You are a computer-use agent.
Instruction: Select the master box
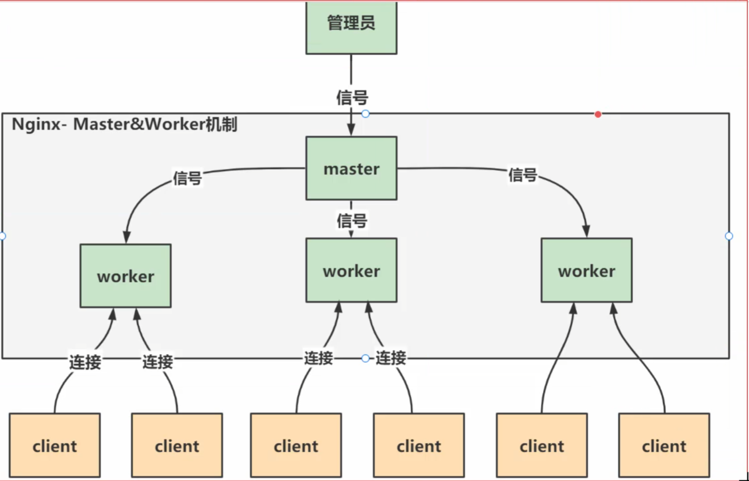[351, 168]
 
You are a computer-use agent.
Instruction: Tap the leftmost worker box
[125, 276]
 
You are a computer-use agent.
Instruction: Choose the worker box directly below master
[351, 270]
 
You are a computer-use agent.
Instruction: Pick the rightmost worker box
[586, 270]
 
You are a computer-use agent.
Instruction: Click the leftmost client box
[55, 445]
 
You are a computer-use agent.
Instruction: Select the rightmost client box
[664, 445]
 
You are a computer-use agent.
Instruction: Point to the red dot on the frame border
[598, 114]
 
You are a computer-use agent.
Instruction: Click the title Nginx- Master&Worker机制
[124, 124]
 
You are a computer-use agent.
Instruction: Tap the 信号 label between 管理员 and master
[352, 97]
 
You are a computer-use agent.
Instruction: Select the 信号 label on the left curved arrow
[187, 178]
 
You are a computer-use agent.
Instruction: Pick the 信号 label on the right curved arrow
[523, 175]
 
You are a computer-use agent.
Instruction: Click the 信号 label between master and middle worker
[352, 220]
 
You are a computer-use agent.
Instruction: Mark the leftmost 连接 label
[85, 362]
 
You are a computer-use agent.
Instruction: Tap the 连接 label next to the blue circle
[391, 358]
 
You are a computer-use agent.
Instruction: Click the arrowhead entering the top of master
[351, 129]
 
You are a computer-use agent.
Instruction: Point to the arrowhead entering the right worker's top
[586, 231]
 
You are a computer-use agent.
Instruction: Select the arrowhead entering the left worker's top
[127, 236]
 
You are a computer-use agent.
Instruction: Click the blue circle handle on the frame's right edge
[729, 236]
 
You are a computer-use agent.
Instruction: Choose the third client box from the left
[296, 445]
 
